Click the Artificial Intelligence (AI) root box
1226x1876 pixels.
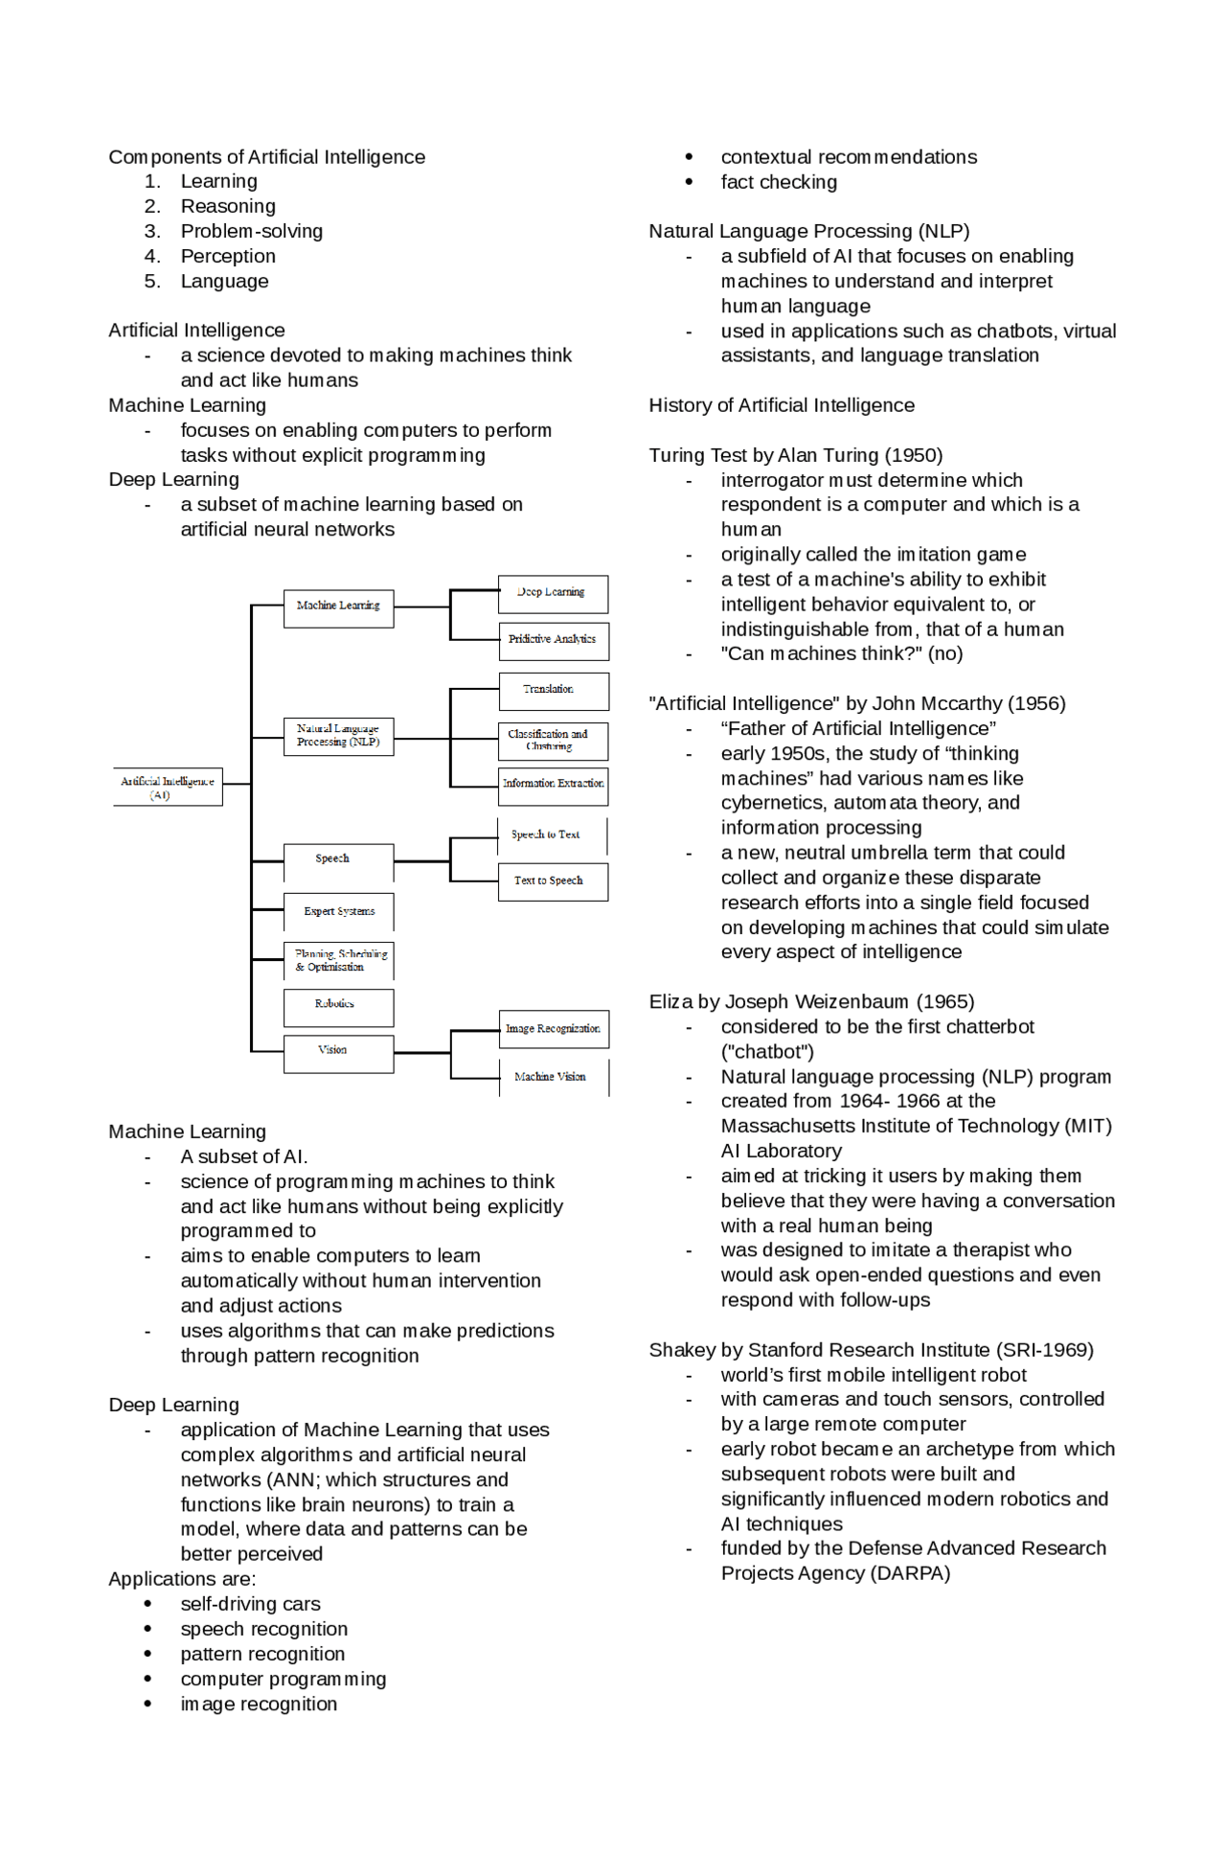168,787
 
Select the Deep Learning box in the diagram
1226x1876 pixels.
553,594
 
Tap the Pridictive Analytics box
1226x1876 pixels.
553,640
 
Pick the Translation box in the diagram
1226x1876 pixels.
553,690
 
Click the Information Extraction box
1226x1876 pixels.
553,786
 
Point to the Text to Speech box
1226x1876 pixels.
553,881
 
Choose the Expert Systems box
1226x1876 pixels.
339,912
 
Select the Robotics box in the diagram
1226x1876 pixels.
338,1006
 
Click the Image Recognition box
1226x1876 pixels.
553,1029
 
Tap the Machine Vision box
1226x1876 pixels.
553,1078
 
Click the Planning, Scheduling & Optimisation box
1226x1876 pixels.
339,961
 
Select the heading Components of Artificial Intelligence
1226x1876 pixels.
266,157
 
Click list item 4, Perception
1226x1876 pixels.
228,257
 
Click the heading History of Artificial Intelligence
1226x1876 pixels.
782,405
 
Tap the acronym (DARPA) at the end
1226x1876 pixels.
910,1574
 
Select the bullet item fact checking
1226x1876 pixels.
779,182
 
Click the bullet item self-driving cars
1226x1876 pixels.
250,1605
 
